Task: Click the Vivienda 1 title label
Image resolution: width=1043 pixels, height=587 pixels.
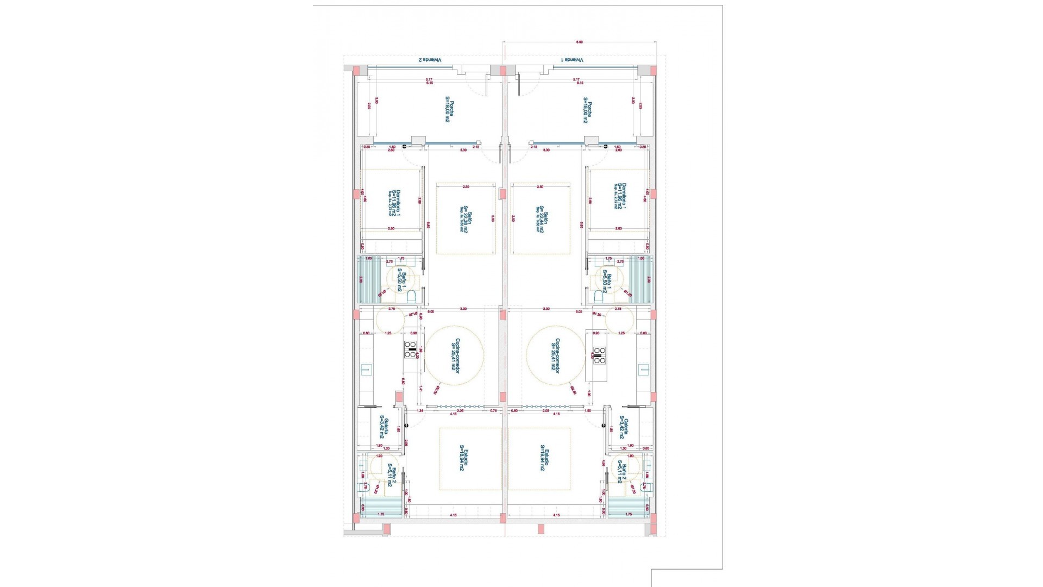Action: coord(572,60)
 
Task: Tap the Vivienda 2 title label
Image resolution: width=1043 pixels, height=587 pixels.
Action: coord(429,60)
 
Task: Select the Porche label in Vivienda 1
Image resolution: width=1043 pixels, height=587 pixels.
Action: coord(587,111)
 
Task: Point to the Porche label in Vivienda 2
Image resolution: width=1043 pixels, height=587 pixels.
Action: coord(449,111)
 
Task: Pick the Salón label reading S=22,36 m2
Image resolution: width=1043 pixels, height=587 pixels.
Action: coord(463,218)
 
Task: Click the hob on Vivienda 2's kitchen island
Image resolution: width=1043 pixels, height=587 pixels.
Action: coord(410,349)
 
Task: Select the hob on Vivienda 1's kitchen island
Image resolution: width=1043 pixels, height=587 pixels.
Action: coord(599,355)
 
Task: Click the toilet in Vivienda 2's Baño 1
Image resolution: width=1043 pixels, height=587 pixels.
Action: coord(412,296)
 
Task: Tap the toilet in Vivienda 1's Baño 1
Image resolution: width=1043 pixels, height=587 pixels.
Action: coord(598,296)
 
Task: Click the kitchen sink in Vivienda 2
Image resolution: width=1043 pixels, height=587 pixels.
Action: coord(365,371)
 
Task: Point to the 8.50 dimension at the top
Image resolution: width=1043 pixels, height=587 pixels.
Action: coord(579,42)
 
